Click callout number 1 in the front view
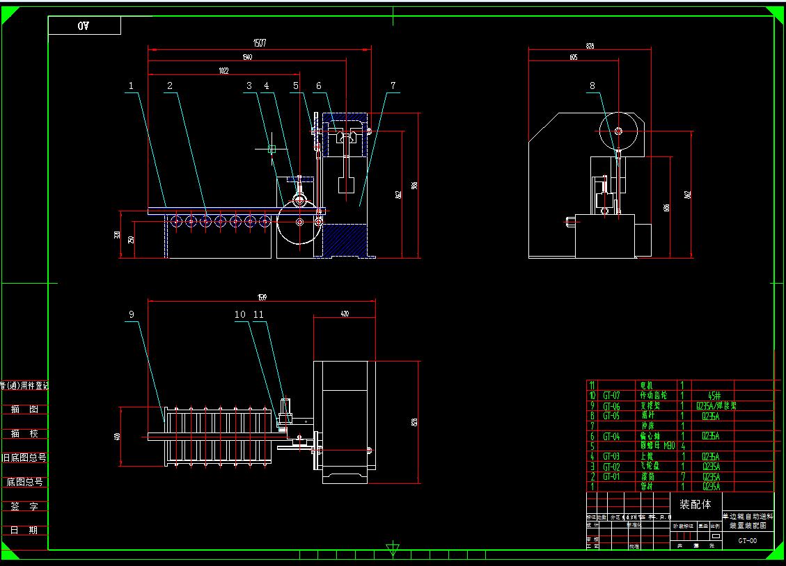[130, 86]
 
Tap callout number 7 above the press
[393, 86]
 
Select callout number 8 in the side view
[592, 86]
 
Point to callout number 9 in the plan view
[131, 315]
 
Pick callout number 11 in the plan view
[258, 315]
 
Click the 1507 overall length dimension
[260, 43]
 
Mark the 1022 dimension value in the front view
[223, 70]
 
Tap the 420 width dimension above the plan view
[345, 314]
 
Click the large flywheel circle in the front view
[299, 222]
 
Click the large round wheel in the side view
[618, 130]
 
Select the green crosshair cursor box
[272, 149]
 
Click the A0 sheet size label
[84, 26]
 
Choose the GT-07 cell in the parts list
[611, 395]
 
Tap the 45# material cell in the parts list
[715, 395]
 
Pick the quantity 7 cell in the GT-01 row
[682, 477]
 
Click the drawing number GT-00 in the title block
[748, 540]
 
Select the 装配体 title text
[695, 504]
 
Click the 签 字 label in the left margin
[24, 506]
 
